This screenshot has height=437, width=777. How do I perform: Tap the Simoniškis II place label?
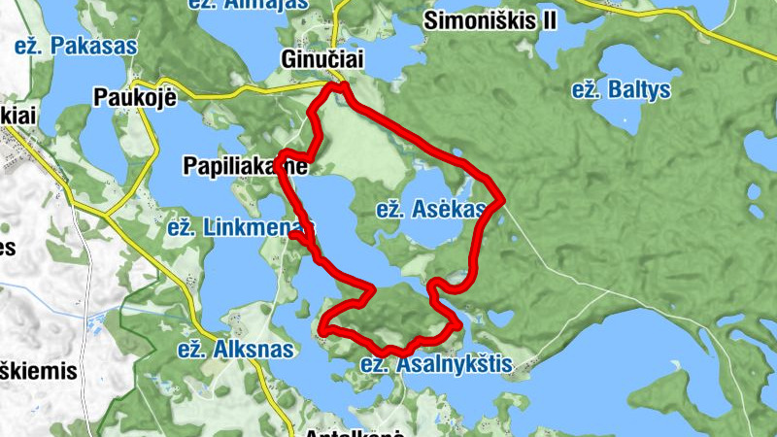pos(490,20)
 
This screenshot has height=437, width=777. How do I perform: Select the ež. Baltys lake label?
pos(621,90)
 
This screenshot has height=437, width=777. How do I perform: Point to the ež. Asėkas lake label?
pos(430,209)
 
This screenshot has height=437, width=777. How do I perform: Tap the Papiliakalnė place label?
pos(244,167)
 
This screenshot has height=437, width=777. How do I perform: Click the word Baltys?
pos(639,90)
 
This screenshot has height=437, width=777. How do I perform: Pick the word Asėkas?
pos(447,209)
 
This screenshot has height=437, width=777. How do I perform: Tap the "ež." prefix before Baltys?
pos(586,90)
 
